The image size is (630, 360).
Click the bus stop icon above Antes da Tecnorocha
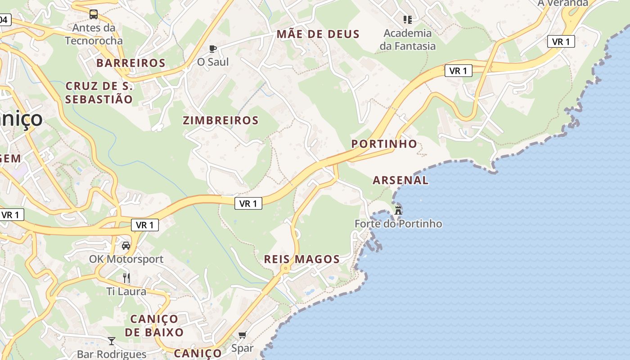[x=93, y=14]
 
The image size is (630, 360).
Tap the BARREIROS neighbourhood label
[x=131, y=63]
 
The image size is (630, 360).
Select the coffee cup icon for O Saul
[x=213, y=49]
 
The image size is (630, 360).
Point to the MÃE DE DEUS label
[x=318, y=34]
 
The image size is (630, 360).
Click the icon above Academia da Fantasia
[x=408, y=20]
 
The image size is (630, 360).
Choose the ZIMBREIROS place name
[x=220, y=121]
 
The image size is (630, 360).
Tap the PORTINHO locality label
[x=384, y=144]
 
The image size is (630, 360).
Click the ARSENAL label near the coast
[x=400, y=180]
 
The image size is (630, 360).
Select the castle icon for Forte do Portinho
[x=398, y=210]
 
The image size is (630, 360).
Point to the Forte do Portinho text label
[x=398, y=224]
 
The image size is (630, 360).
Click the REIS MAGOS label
[x=301, y=259]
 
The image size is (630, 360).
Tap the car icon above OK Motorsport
[x=126, y=246]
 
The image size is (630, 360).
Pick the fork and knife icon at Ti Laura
[x=126, y=278]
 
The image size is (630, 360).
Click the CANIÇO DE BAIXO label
[x=154, y=326]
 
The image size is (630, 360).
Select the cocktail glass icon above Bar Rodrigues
[x=112, y=341]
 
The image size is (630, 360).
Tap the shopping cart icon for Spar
[x=243, y=335]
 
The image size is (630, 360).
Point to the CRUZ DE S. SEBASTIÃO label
[x=99, y=93]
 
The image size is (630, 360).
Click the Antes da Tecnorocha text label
[x=94, y=34]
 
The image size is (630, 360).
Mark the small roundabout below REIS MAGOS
[x=285, y=269]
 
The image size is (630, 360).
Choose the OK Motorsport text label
[x=126, y=259]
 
